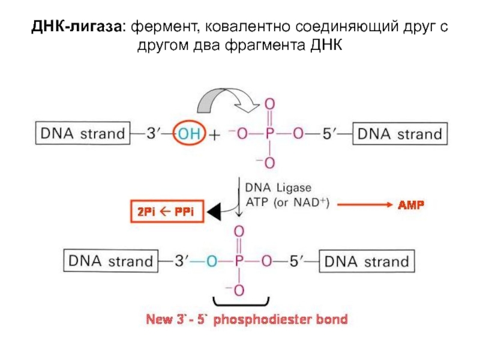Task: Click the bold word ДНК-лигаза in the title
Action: (77, 27)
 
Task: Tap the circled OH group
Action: (189, 133)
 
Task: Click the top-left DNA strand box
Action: (83, 133)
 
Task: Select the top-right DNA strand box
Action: (400, 133)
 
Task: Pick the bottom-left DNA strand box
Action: (111, 261)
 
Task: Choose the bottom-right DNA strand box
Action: (367, 261)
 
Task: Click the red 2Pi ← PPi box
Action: (167, 211)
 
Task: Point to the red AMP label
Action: (411, 205)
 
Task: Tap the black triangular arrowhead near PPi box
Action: (215, 212)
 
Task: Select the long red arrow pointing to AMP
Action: (365, 205)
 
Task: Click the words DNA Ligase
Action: (278, 188)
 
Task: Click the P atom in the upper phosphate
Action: (269, 133)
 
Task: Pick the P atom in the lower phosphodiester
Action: (239, 261)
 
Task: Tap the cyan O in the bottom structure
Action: (212, 262)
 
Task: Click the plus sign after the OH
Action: (214, 135)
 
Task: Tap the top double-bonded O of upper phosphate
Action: (269, 104)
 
